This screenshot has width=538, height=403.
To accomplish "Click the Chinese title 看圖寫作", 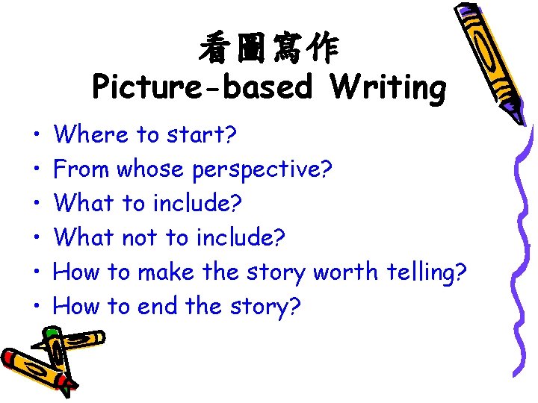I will click(268, 51).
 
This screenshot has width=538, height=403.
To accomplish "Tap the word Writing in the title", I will click(389, 88).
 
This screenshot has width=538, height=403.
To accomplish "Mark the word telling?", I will click(427, 272).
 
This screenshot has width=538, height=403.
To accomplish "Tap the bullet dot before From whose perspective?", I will click(37, 170).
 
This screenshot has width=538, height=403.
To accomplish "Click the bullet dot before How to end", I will click(37, 306).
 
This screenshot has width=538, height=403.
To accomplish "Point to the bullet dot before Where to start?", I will click(37, 136).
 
